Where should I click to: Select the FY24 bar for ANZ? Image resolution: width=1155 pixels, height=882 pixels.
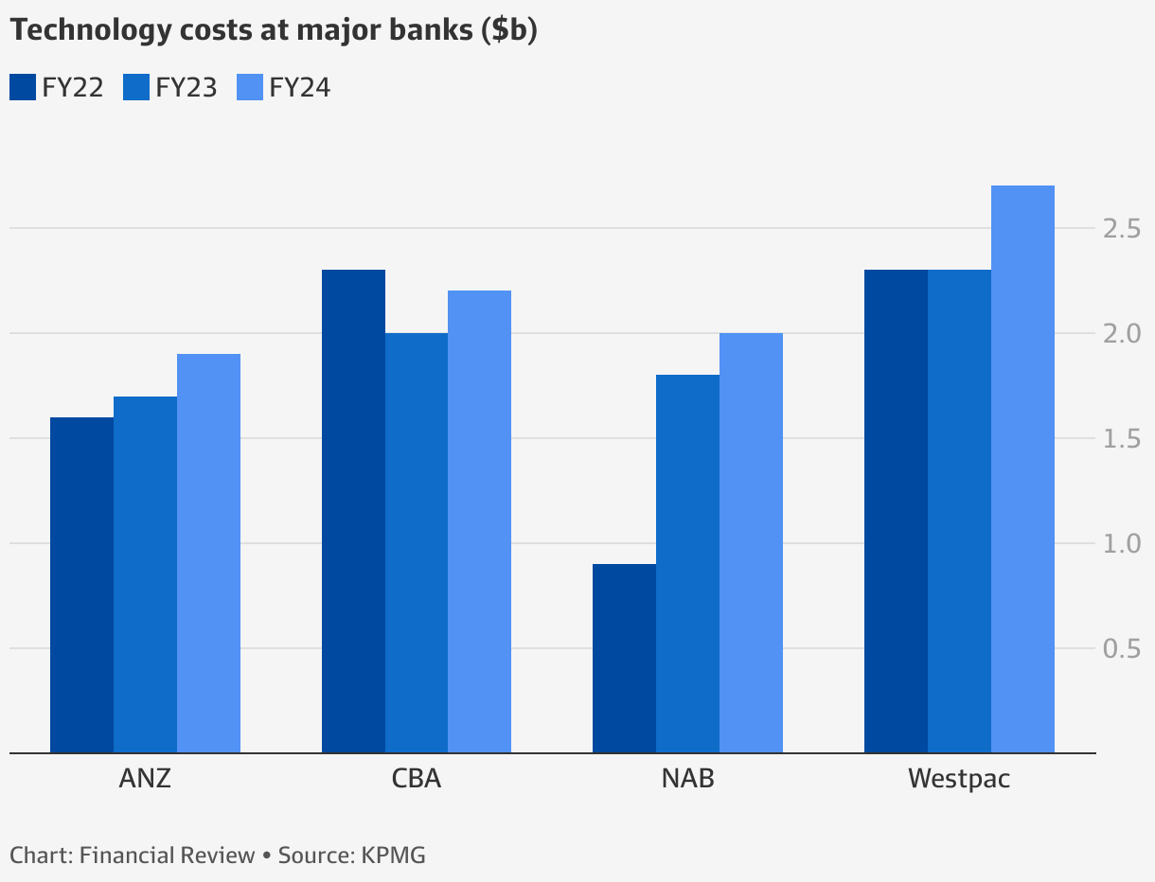click(208, 554)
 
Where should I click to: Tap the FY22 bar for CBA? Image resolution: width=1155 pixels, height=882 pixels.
click(353, 511)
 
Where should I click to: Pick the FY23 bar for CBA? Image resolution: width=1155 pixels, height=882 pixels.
click(417, 543)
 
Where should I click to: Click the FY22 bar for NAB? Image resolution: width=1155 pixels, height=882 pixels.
click(624, 659)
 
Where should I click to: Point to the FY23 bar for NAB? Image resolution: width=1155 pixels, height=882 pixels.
click(687, 564)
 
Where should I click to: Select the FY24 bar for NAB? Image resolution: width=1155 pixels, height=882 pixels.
click(751, 543)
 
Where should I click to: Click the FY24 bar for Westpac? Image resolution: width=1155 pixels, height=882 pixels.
click(1022, 469)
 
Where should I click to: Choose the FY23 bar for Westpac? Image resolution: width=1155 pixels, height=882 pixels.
click(959, 511)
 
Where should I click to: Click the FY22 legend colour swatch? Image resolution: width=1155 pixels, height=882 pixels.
click(23, 87)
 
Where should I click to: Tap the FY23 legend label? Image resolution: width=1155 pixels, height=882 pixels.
click(186, 88)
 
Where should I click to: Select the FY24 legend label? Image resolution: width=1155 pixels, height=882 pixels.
click(300, 88)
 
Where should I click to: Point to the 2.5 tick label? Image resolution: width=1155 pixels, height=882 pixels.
click(1122, 228)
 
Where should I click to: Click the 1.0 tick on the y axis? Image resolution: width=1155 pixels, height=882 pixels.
click(1122, 543)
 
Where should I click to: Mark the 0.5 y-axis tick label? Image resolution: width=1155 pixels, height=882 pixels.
click(1122, 648)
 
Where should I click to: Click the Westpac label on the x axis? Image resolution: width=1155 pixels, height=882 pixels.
click(959, 779)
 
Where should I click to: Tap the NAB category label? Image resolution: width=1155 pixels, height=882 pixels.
click(687, 779)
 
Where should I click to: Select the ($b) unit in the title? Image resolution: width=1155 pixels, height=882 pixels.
click(508, 30)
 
